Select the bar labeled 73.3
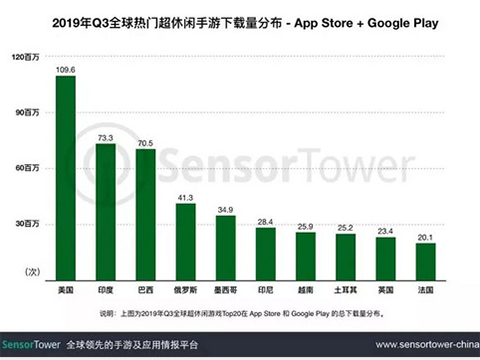click(105, 211)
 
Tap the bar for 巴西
click(145, 214)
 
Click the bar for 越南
click(305, 256)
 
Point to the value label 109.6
click(66, 69)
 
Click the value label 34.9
click(225, 209)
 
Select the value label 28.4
click(265, 221)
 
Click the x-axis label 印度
click(105, 288)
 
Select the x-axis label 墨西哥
click(225, 288)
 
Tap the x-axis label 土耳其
click(345, 288)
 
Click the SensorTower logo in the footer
click(33, 341)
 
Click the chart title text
click(240, 16)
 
